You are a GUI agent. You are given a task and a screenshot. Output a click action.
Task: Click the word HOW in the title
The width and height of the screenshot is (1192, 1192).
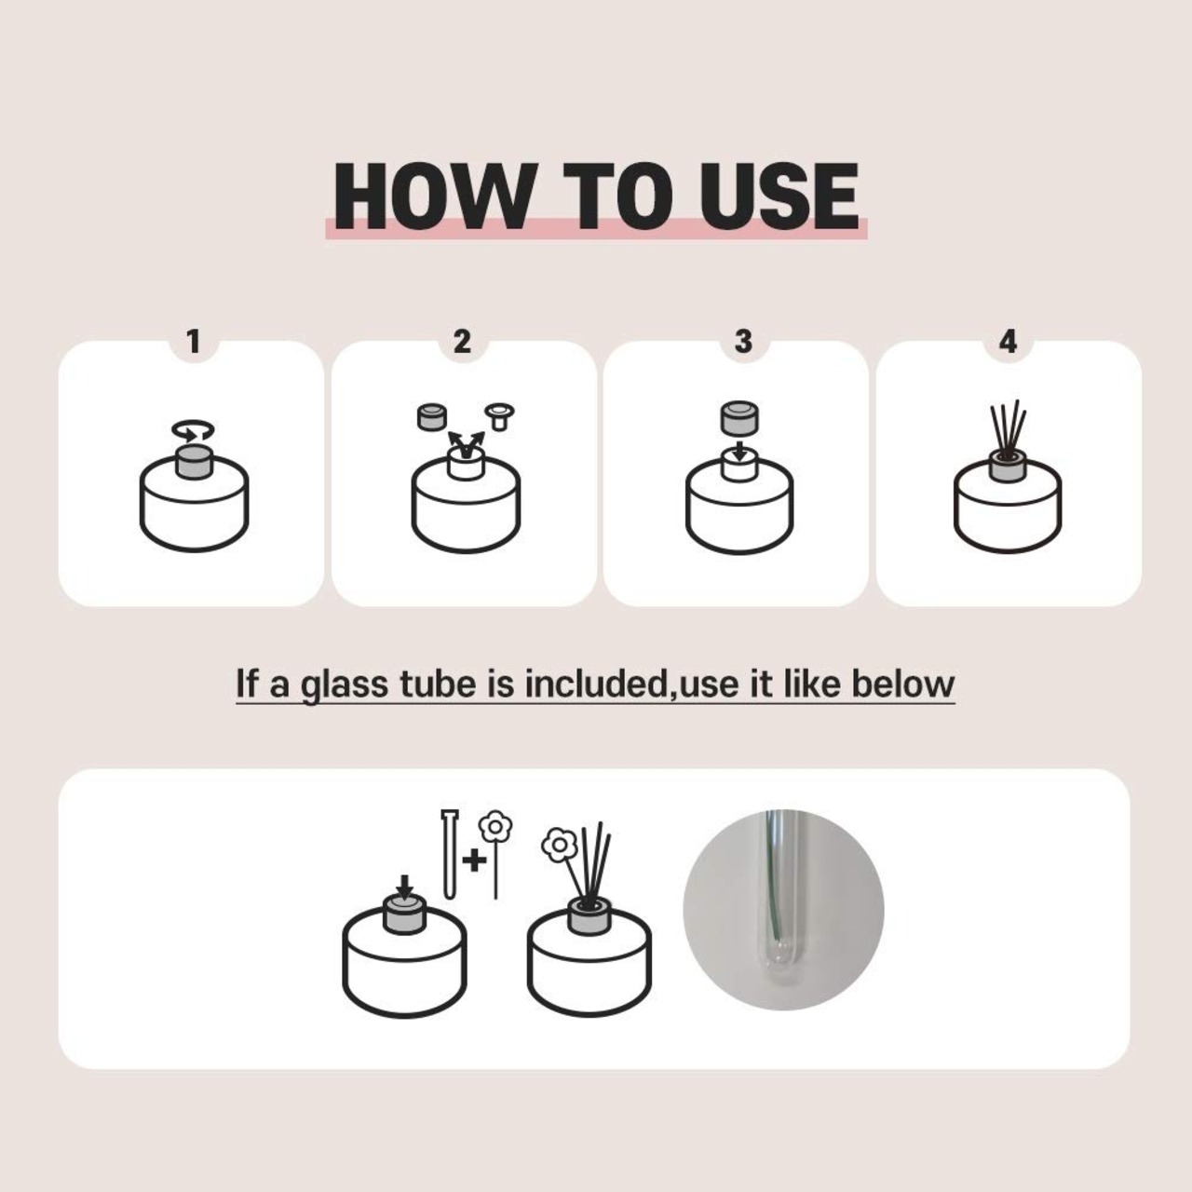(x=431, y=196)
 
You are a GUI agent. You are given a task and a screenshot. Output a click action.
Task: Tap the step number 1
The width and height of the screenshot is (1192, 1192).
(x=194, y=342)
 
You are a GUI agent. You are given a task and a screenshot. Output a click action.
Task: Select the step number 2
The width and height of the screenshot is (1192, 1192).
(x=462, y=342)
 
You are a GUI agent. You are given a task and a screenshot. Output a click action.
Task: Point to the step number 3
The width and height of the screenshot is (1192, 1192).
(x=743, y=342)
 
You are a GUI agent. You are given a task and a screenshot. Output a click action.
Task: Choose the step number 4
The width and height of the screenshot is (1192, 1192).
(x=1008, y=342)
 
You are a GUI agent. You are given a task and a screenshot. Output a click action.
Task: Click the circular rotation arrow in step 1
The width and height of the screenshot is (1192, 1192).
(x=193, y=430)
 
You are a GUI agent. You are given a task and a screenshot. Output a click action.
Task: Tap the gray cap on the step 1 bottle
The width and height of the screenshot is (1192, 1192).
(x=194, y=462)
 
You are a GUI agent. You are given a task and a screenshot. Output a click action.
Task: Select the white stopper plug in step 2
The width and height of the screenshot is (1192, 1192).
(x=500, y=416)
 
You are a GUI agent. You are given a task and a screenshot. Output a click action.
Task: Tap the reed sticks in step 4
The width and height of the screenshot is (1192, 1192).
(x=1007, y=431)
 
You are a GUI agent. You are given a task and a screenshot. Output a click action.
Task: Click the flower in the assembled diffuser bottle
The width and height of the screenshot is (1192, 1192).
(x=560, y=846)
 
